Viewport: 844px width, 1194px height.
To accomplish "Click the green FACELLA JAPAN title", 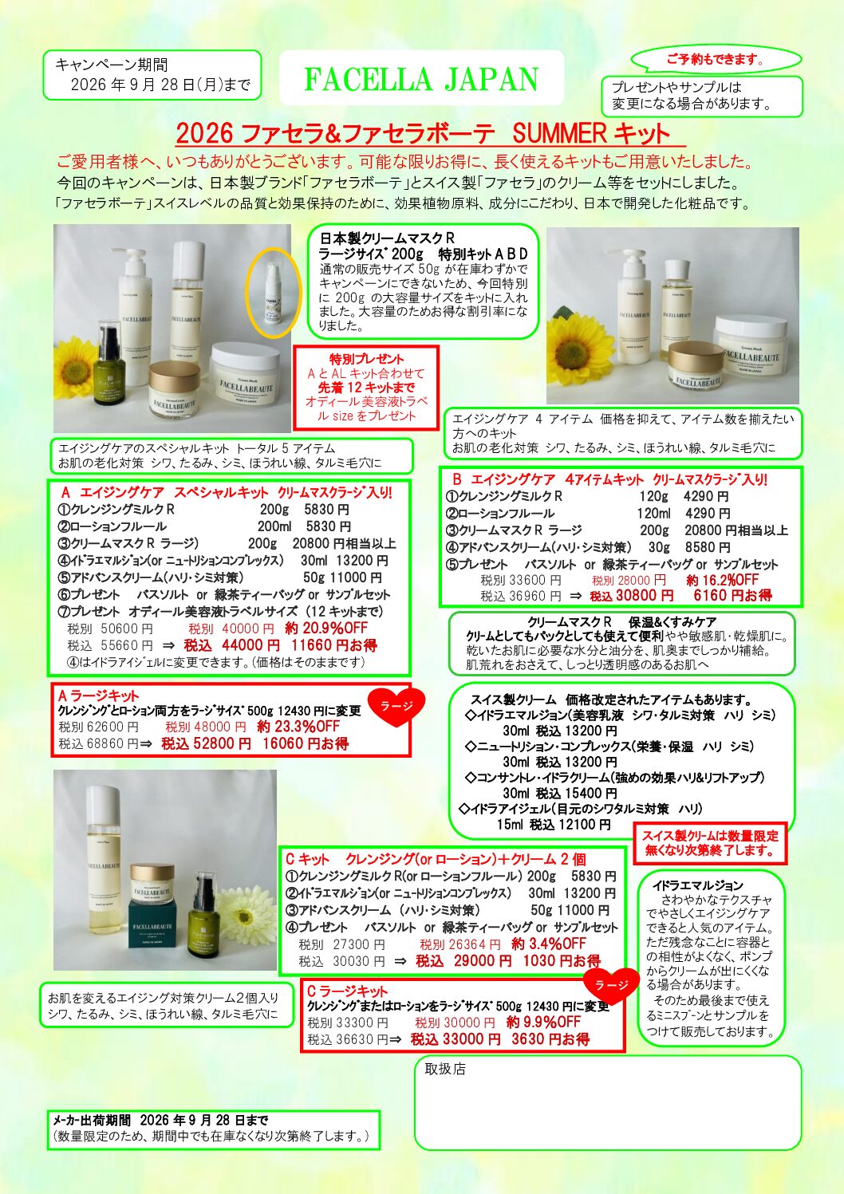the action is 421,80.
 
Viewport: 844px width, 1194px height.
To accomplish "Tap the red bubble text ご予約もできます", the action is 716,60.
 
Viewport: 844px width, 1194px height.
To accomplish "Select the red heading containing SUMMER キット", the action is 422,133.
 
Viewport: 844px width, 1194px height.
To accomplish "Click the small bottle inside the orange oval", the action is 273,294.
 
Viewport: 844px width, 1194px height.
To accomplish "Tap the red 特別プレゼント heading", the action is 366,359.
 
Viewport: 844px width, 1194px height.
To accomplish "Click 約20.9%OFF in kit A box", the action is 326,628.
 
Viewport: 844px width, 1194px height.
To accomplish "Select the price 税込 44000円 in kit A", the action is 232,645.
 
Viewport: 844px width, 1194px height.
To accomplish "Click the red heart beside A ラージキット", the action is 396,707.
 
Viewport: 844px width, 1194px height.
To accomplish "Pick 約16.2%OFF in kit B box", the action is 723,580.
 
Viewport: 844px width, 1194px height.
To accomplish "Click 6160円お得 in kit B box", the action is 732,595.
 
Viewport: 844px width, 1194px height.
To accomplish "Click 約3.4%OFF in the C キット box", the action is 549,944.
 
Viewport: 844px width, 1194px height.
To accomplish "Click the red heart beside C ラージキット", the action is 612,984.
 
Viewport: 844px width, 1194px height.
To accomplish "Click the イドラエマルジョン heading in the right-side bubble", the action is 698,885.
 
